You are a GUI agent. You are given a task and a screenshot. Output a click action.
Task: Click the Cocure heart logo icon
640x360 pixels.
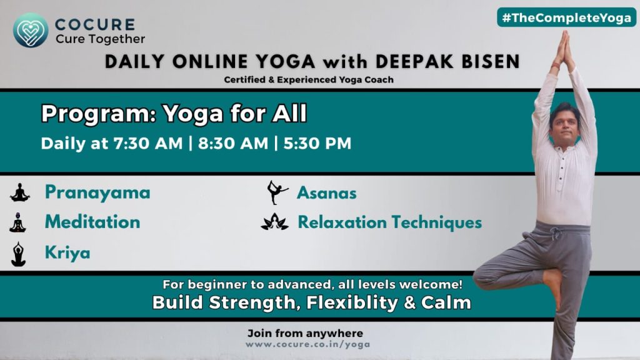click(31, 30)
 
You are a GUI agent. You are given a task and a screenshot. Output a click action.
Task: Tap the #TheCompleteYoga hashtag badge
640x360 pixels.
click(566, 17)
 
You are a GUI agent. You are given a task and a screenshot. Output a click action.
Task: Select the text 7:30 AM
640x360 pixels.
click(148, 143)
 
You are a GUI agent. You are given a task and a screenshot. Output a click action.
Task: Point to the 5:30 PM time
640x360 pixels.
click(317, 143)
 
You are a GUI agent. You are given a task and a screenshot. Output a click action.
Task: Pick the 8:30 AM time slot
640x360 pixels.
click(233, 143)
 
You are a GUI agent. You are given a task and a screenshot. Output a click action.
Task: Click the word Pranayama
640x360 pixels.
click(97, 192)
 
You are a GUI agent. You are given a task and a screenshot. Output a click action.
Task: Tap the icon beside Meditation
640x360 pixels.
click(18, 222)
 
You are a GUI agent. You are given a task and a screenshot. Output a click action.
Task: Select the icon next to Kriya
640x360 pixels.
click(18, 254)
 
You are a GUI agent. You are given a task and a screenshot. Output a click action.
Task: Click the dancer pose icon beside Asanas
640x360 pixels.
click(277, 192)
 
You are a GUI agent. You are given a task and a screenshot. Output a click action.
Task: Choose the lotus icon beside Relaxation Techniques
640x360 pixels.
click(275, 222)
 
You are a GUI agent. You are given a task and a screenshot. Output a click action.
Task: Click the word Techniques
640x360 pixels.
click(437, 223)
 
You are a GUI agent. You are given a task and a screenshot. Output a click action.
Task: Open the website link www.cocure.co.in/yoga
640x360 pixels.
click(307, 344)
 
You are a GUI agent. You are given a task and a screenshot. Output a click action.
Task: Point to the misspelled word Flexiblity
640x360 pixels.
click(352, 303)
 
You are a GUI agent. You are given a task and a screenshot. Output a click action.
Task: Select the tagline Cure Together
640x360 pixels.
click(101, 39)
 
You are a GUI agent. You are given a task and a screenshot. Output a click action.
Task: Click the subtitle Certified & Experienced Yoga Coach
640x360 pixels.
click(309, 79)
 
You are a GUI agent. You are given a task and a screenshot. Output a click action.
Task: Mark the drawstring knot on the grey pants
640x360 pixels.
click(555, 234)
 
